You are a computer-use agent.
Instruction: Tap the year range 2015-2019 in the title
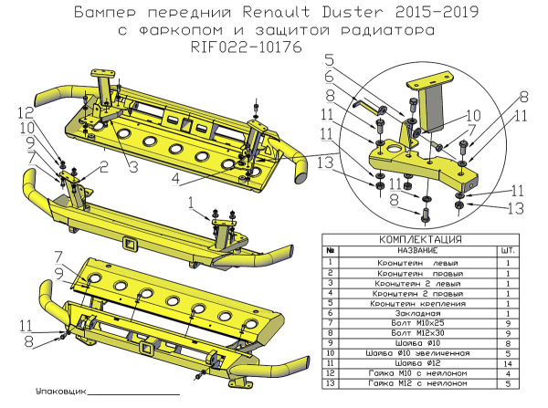pos(443,14)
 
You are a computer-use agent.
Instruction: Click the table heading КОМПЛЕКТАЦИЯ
pos(419,239)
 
